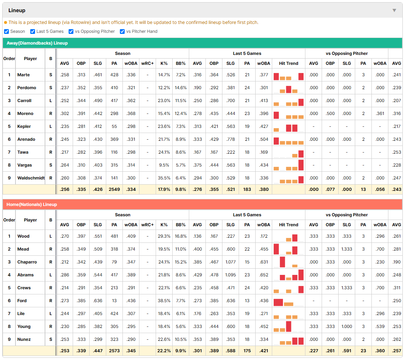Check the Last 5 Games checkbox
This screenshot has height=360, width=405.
click(x=32, y=31)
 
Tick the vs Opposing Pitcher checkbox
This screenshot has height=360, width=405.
click(x=71, y=31)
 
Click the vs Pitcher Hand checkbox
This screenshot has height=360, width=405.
click(x=122, y=31)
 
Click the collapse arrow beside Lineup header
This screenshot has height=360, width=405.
click(x=394, y=10)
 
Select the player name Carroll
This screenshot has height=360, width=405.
click(x=24, y=101)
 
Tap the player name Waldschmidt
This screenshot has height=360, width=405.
click(x=31, y=178)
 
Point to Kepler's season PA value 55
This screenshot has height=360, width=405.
click(x=114, y=126)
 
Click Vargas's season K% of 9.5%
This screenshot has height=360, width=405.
click(x=164, y=165)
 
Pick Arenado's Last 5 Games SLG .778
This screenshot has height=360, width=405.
click(x=231, y=139)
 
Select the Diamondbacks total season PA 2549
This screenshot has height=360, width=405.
click(x=114, y=189)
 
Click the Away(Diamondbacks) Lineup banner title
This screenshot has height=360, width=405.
click(x=37, y=43)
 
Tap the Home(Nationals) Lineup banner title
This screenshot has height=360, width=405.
click(x=32, y=205)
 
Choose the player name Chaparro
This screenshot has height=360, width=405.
click(x=27, y=262)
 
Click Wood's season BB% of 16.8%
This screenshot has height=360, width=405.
click(x=180, y=236)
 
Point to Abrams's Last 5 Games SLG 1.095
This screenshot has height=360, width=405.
click(x=231, y=275)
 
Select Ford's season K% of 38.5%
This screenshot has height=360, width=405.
click(x=164, y=301)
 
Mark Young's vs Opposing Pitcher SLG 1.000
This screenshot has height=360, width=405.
click(x=347, y=326)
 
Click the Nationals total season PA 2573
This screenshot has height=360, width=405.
click(x=114, y=351)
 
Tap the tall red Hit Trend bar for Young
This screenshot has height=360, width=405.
click(x=288, y=326)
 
